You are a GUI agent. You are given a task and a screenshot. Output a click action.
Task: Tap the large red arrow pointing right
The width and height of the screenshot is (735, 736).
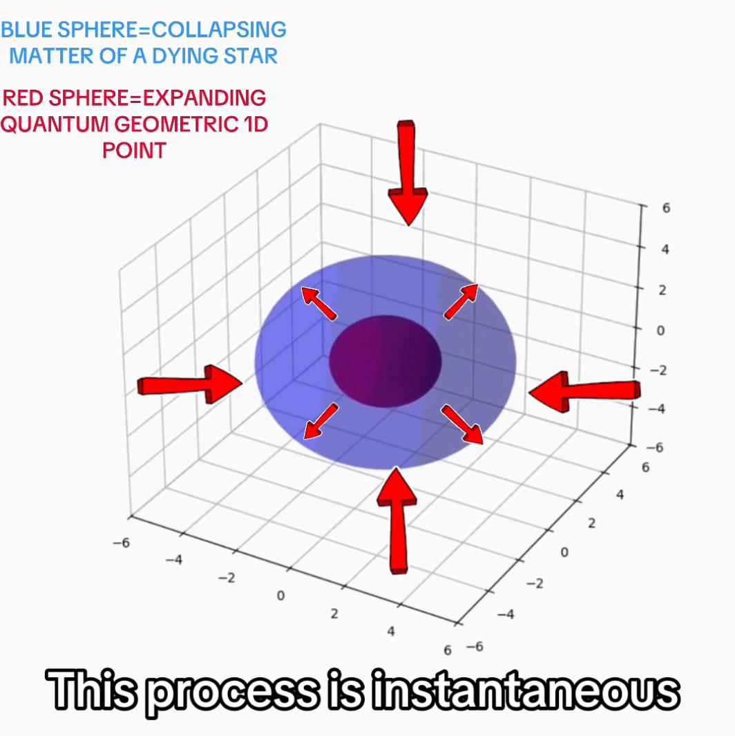pos(189,384)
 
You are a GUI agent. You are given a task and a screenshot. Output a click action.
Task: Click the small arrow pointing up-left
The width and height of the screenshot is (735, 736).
pos(318,303)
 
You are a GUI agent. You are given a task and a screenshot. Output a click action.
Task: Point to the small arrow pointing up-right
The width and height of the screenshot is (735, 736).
pos(461,302)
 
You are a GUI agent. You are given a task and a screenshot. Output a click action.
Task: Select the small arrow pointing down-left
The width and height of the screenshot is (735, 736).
pos(321,421)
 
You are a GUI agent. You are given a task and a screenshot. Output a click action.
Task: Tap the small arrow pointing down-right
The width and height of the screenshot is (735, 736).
pos(462,424)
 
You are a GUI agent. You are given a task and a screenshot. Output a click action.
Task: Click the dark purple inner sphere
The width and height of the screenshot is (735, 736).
pos(385,361)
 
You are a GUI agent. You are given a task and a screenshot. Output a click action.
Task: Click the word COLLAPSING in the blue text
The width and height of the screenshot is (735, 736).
pos(219,30)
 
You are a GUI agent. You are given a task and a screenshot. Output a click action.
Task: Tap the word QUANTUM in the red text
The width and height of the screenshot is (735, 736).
pos(55,124)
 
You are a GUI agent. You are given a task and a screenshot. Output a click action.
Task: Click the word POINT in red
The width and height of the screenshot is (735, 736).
pos(134,151)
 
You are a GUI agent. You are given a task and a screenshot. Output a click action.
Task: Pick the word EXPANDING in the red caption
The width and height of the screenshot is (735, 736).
pos(204,98)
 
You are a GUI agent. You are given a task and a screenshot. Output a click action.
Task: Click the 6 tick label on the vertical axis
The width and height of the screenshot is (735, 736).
pos(666,207)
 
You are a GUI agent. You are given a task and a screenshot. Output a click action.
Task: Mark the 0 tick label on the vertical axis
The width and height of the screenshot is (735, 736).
pos(660,330)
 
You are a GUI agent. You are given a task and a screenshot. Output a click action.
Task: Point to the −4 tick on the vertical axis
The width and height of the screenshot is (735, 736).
pos(656,408)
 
